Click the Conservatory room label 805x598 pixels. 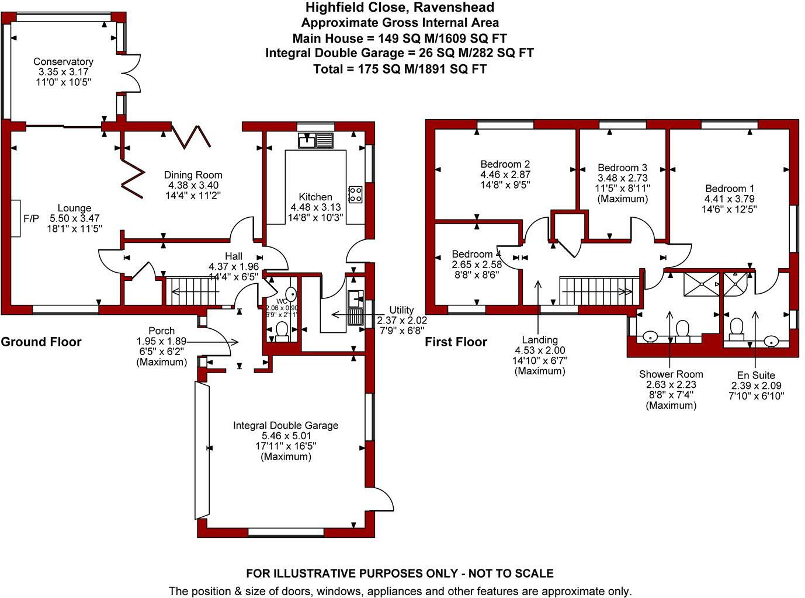click(63, 61)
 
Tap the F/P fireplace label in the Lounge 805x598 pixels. click(31, 218)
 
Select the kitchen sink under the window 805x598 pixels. click(315, 140)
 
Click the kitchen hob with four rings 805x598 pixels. click(355, 194)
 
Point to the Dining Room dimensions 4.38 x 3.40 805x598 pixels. click(193, 185)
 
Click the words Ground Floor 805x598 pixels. click(41, 342)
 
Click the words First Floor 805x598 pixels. click(456, 342)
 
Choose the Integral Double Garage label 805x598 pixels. click(286, 425)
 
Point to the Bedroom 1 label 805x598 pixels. click(730, 189)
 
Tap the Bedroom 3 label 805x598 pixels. click(622, 168)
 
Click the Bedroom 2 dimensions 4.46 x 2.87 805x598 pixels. click(505, 175)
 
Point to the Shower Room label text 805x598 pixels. click(671, 374)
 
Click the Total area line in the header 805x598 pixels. click(400, 69)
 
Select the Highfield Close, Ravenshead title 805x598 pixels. click(400, 8)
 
